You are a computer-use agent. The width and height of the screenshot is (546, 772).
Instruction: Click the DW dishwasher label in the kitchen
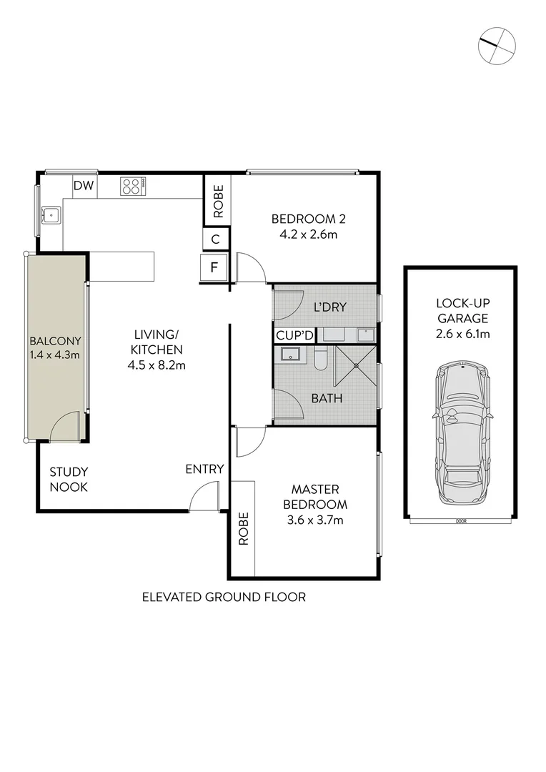click(84, 186)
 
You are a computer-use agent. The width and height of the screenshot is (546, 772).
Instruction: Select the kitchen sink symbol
click(50, 214)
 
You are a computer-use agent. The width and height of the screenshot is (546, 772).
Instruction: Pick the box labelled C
click(217, 239)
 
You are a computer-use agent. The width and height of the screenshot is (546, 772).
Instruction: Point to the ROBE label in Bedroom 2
click(218, 202)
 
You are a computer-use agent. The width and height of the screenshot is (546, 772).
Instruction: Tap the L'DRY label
click(330, 307)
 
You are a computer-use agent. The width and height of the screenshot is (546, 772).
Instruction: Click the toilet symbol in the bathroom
click(320, 359)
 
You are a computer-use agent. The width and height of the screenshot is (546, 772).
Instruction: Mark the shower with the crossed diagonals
click(356, 366)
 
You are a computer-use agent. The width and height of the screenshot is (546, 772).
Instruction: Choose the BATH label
click(326, 398)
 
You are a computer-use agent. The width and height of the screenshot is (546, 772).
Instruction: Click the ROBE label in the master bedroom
click(242, 529)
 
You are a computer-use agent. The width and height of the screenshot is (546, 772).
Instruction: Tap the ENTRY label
click(204, 469)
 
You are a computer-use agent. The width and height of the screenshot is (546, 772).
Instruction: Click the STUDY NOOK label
click(69, 480)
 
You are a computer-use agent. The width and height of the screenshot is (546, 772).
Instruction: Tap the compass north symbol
click(497, 44)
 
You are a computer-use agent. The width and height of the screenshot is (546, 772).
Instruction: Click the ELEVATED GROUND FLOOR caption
click(224, 597)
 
